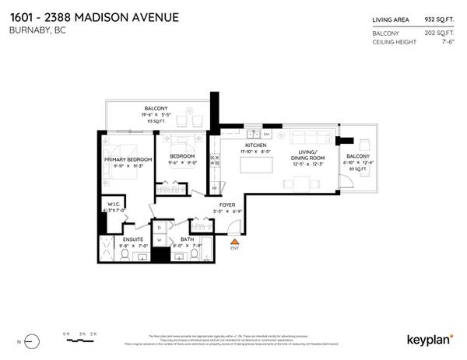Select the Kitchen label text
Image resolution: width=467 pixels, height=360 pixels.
coord(257,145)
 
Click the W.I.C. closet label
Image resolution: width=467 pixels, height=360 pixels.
coord(108,204)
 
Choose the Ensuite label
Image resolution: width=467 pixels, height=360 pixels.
coord(123,239)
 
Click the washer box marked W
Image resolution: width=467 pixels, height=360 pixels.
coord(161,240)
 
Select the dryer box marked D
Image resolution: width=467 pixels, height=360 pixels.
coord(160,227)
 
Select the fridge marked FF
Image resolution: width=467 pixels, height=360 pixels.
coord(215,187)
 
